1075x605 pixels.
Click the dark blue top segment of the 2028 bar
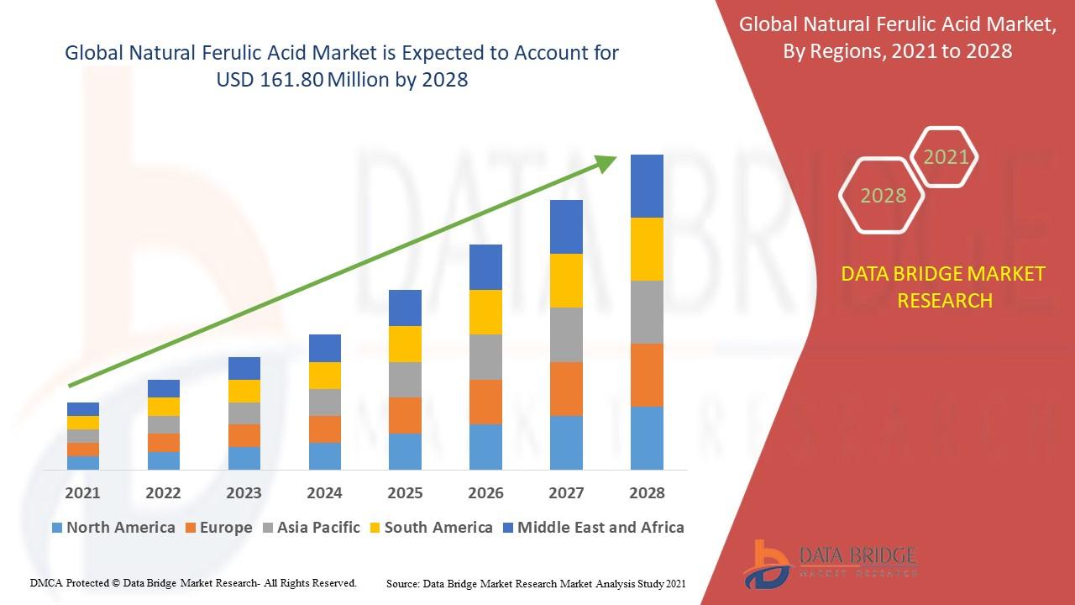pyautogui.click(x=647, y=186)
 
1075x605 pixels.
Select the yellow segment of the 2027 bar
pyautogui.click(x=566, y=280)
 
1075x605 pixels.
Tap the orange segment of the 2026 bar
pyautogui.click(x=485, y=402)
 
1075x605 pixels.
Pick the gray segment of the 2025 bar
pyautogui.click(x=405, y=379)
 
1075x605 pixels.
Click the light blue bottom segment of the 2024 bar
pyautogui.click(x=325, y=455)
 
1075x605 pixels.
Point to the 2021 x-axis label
pyautogui.click(x=82, y=492)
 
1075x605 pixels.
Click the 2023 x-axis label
pyautogui.click(x=244, y=492)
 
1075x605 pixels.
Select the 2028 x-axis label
pyautogui.click(x=647, y=492)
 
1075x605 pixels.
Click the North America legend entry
pyautogui.click(x=113, y=528)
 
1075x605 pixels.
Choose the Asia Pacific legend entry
pyautogui.click(x=311, y=528)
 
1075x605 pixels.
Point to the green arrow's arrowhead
pyautogui.click(x=606, y=163)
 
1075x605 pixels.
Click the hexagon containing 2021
pyautogui.click(x=945, y=157)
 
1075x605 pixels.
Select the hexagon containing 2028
pyautogui.click(x=882, y=196)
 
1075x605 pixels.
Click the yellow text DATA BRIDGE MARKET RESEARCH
pyautogui.click(x=944, y=287)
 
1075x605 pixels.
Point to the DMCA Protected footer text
pyautogui.click(x=193, y=582)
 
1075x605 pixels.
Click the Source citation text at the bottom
pyautogui.click(x=536, y=582)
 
